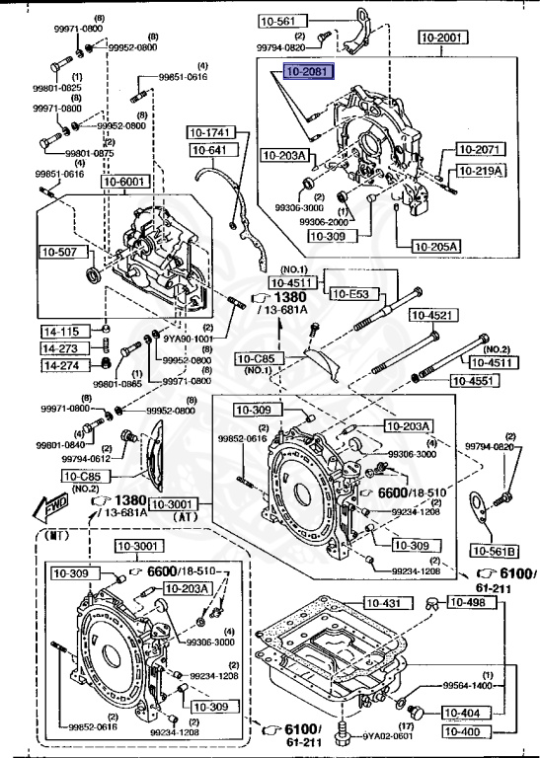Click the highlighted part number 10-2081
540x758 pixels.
(309, 72)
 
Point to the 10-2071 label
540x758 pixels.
(481, 149)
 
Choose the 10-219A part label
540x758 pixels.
(481, 171)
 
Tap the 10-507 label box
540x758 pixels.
(58, 252)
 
